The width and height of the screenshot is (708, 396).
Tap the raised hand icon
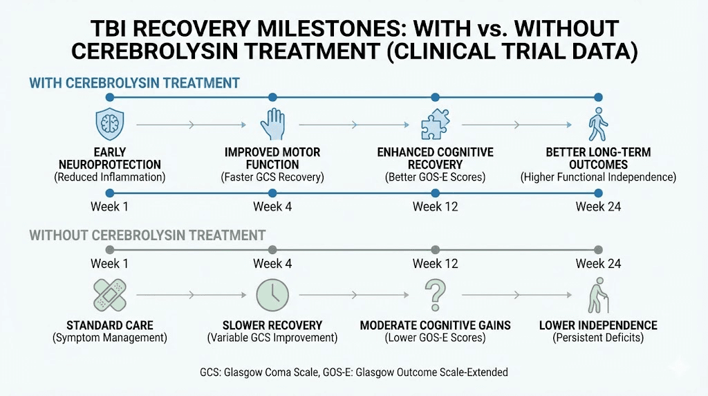(272, 125)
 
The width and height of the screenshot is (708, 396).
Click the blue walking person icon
(597, 125)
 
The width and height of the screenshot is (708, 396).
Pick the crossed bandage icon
(111, 294)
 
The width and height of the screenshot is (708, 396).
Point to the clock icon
(272, 295)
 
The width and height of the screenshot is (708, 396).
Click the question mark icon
(435, 294)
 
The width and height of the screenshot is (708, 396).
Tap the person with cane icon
(597, 295)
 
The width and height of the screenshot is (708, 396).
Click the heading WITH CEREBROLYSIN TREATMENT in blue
(134, 83)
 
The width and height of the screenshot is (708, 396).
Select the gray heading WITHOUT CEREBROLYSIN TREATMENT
(147, 235)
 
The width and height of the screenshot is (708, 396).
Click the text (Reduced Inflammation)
(110, 178)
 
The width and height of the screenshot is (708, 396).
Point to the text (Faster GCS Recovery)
(272, 178)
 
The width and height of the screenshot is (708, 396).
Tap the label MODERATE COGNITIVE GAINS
(435, 325)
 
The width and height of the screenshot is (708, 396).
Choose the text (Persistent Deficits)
(598, 338)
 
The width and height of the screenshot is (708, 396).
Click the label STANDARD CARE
(110, 325)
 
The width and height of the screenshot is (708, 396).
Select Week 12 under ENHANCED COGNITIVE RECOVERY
(435, 206)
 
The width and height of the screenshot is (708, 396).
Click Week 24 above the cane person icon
(598, 264)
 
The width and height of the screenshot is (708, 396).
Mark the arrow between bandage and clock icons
(191, 295)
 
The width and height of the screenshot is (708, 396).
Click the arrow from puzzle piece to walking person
(516, 125)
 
